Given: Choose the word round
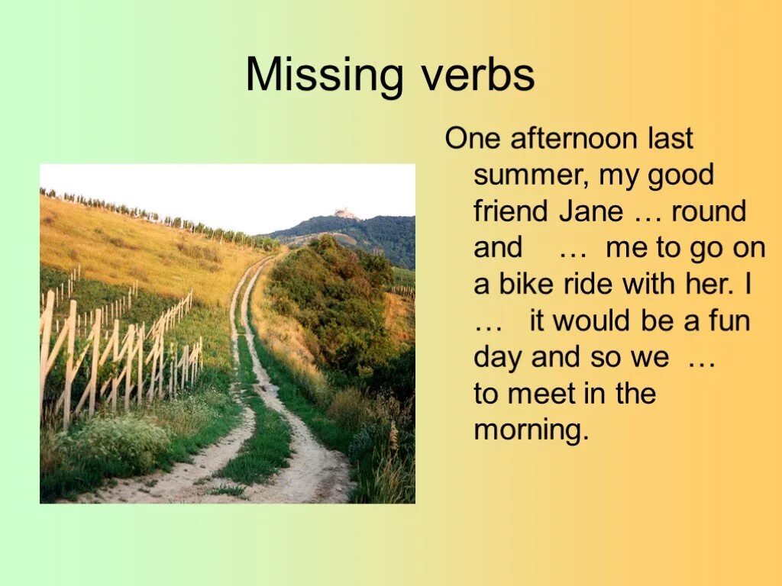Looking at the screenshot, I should pos(709,211).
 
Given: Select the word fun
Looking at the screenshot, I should pos(729,320).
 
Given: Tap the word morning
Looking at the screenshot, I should pos(532,431).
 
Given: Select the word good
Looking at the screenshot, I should pos(680,175).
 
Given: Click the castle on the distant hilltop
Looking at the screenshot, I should pos(345,214).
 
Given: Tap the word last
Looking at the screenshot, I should pos(669,139).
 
